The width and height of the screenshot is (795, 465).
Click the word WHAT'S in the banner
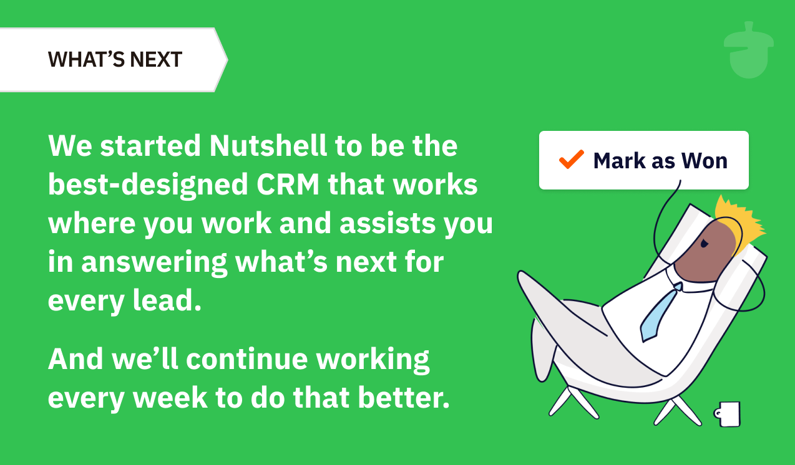[85, 59]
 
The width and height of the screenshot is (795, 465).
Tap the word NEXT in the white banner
[156, 59]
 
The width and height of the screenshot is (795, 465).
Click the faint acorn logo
[749, 50]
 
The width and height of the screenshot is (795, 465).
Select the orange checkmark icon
[572, 159]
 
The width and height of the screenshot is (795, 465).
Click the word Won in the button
[705, 161]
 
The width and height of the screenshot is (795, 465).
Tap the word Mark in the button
[620, 161]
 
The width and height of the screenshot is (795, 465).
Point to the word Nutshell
[268, 145]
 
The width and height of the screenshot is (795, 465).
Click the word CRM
[288, 185]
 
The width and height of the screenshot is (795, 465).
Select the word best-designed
[148, 185]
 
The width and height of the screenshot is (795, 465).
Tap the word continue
[247, 358]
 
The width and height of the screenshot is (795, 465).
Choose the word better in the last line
[404, 397]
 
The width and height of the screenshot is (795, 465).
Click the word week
[170, 397]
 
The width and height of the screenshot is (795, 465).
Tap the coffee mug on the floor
[728, 414]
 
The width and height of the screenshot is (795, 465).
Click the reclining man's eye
[704, 244]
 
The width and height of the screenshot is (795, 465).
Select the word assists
[388, 223]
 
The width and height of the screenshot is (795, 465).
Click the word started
[150, 146]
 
